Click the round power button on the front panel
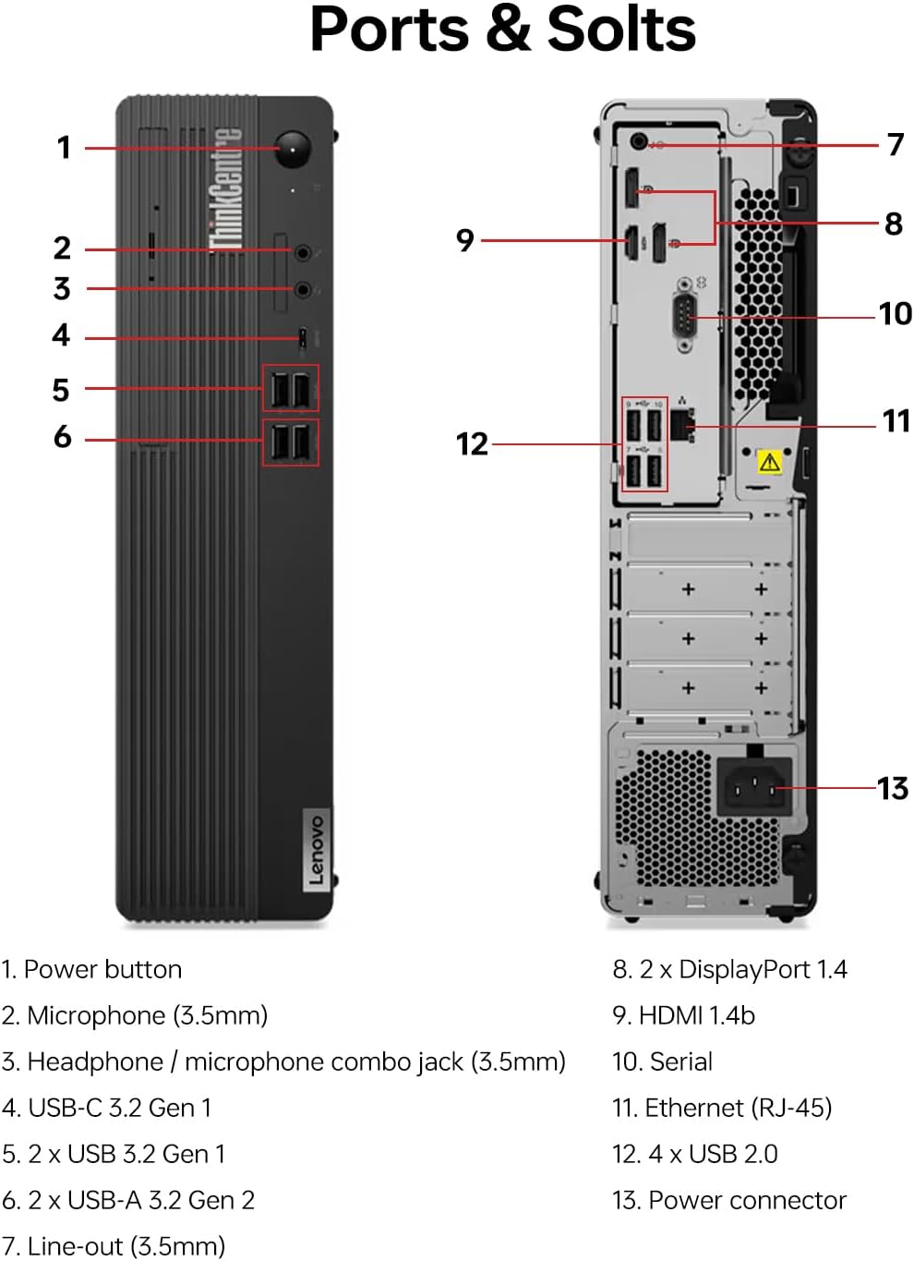coord(293,149)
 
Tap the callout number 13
coord(892,788)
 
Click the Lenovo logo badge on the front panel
coord(316,850)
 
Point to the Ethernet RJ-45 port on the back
coord(683,426)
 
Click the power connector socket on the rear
coord(755,787)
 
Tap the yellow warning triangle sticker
coord(769,462)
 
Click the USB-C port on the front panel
coord(302,338)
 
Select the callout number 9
coord(465,240)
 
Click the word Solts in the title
coord(621,30)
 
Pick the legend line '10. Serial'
coord(662,1061)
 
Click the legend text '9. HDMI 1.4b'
coord(683,1015)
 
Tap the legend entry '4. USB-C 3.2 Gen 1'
coord(107,1108)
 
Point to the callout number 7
coord(895,145)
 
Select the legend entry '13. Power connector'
coord(728,1200)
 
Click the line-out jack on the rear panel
coord(639,142)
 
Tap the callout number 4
coord(61,334)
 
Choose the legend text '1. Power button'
coord(91,969)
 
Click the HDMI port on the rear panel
coord(632,242)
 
